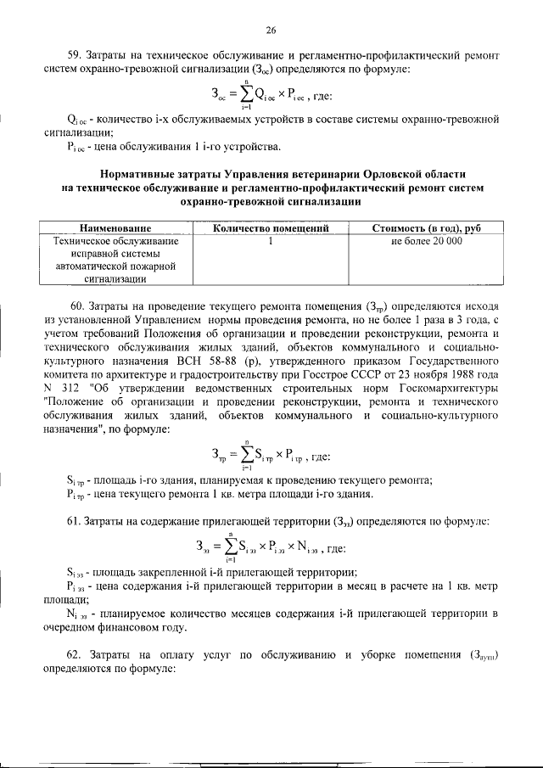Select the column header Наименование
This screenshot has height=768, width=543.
[x=115, y=228]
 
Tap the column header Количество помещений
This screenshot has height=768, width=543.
[x=271, y=228]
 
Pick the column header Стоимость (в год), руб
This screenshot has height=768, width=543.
[x=427, y=228]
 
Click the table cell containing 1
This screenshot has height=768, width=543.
[x=271, y=241]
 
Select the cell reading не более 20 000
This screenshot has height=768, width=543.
[x=427, y=241]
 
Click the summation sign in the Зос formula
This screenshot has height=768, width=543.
[x=244, y=96]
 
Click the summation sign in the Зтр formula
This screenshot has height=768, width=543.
[x=245, y=456]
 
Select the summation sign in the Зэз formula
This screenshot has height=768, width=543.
[x=228, y=547]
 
